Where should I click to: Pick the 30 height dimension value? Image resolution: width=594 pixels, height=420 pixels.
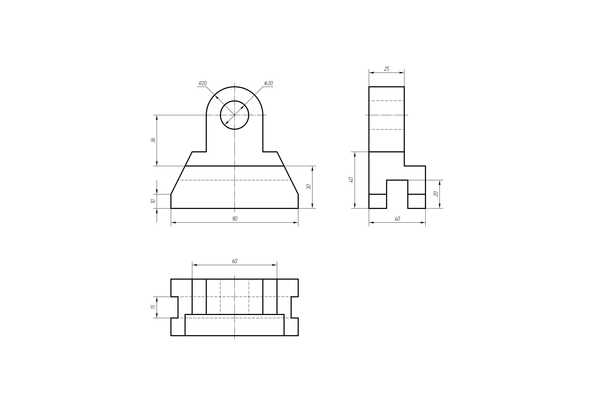308,187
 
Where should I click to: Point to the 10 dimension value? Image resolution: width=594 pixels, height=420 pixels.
153,201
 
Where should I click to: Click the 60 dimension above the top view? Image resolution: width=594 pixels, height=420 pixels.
234,261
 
